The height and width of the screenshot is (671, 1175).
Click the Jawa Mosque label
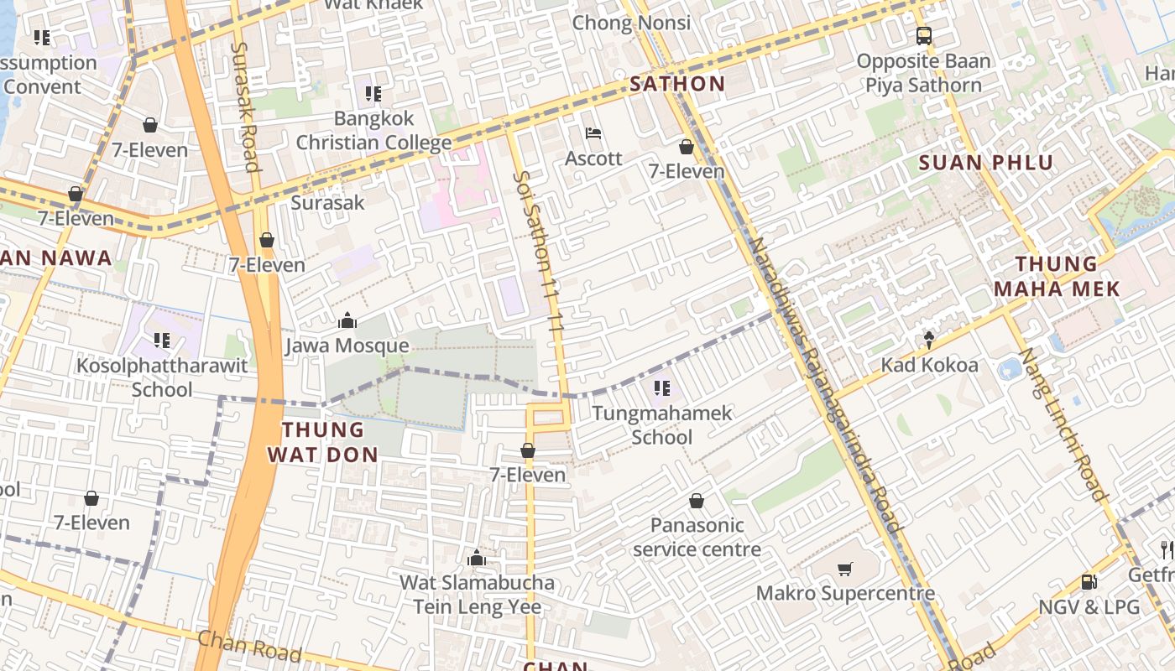pyautogui.click(x=347, y=346)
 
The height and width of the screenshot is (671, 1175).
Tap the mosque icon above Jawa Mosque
pyautogui.click(x=347, y=320)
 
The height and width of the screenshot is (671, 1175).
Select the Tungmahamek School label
pyautogui.click(x=662, y=425)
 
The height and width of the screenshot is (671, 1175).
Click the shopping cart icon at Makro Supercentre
pyautogui.click(x=845, y=569)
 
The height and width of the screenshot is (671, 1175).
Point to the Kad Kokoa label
pyautogui.click(x=929, y=366)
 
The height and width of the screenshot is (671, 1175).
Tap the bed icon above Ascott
pyautogui.click(x=593, y=133)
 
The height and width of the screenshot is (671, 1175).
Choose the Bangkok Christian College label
pyautogui.click(x=373, y=130)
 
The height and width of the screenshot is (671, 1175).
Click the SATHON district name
pyautogui.click(x=677, y=84)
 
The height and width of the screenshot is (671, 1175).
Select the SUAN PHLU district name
pyautogui.click(x=986, y=163)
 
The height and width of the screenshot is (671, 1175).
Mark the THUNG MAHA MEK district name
pyautogui.click(x=1057, y=277)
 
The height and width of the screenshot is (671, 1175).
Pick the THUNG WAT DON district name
pyautogui.click(x=323, y=442)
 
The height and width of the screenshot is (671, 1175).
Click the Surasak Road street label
pyautogui.click(x=244, y=107)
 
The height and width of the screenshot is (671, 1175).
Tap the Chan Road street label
pyautogui.click(x=248, y=646)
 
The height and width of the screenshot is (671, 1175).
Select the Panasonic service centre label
pyautogui.click(x=697, y=538)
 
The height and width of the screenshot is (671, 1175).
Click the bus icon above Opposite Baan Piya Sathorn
pyautogui.click(x=923, y=36)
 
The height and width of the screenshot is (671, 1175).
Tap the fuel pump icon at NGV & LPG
pyautogui.click(x=1089, y=581)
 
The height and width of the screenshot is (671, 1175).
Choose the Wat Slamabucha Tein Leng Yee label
pyautogui.click(x=477, y=595)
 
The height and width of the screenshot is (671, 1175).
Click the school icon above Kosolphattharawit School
pyautogui.click(x=162, y=341)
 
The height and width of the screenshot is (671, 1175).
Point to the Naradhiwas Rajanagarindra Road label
pyautogui.click(x=824, y=386)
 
